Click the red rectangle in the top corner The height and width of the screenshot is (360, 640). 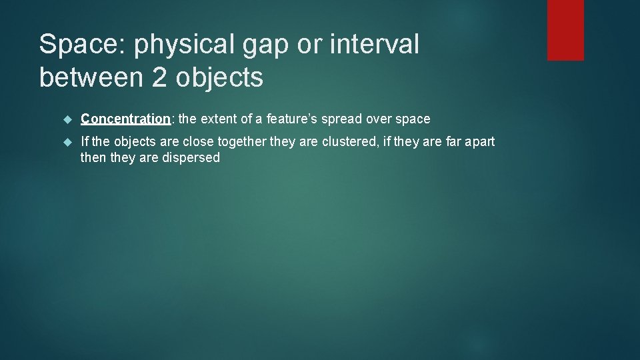pyautogui.click(x=565, y=30)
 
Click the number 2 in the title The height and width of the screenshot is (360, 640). pyautogui.click(x=160, y=78)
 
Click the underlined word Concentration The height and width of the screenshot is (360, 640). pyautogui.click(x=125, y=119)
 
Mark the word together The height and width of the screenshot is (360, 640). pyautogui.click(x=228, y=142)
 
